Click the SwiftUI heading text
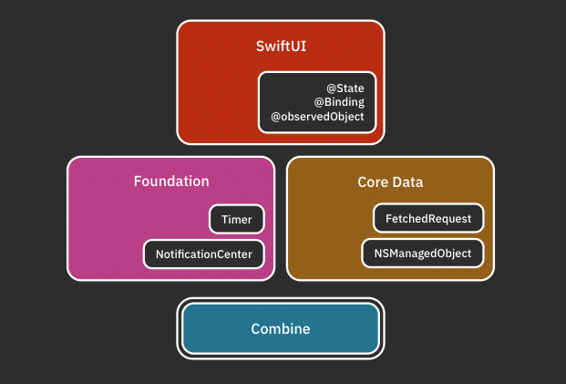coord(281,45)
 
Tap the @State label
coord(345,88)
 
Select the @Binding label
coord(339,102)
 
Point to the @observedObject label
coord(317,117)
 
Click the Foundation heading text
coord(171,182)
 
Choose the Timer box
coord(237,220)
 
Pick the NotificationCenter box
coord(204,254)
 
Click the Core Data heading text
coord(390,182)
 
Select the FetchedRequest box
coord(428,219)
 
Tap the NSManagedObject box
coord(423,254)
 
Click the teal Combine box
coord(281,328)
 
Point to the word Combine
coord(281,328)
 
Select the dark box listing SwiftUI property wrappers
coord(317,102)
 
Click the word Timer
coord(237,220)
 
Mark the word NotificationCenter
coord(204,254)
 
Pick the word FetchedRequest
coord(428,219)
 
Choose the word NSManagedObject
coord(423,254)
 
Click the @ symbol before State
coord(332,88)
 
